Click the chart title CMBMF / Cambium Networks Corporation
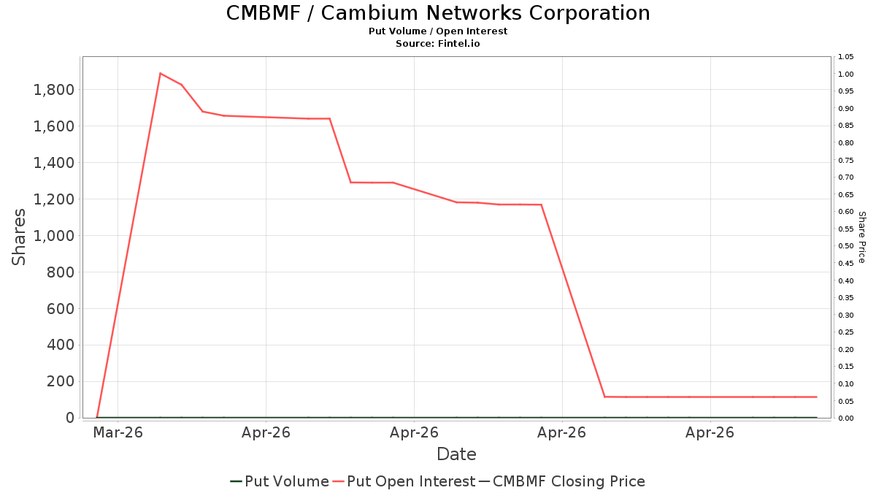tap(438, 13)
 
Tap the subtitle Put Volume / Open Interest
tap(438, 31)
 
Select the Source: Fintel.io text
tap(438, 43)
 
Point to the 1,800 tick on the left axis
tap(54, 90)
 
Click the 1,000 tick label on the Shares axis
tap(54, 236)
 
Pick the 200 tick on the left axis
tap(61, 381)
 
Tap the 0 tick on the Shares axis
tap(70, 418)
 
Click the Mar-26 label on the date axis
tap(118, 432)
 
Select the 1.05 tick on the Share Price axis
tap(846, 57)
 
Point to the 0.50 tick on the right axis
tap(846, 246)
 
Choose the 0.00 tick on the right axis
tap(846, 419)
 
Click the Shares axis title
tap(18, 237)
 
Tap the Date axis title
tap(456, 454)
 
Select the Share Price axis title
tap(862, 237)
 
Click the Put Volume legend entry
tap(280, 481)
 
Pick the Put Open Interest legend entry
tap(404, 481)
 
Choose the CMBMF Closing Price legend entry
tap(562, 481)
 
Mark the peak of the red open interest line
tap(160, 73)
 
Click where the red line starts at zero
tap(96, 418)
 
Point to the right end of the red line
tap(817, 397)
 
